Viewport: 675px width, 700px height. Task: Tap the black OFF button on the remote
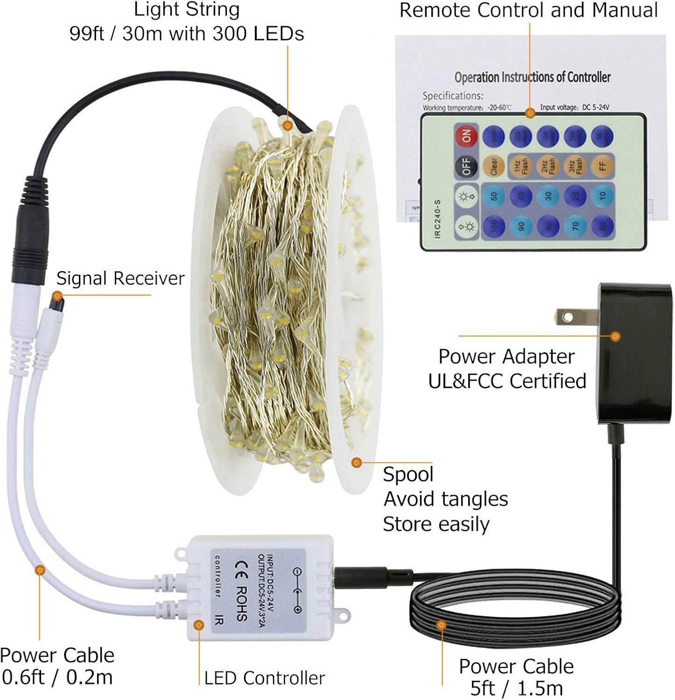(x=466, y=166)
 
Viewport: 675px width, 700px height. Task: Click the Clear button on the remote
(x=493, y=166)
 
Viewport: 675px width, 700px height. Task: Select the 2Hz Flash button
(x=548, y=166)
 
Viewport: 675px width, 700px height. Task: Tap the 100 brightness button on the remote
(x=493, y=226)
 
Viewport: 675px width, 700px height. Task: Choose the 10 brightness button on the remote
(x=602, y=195)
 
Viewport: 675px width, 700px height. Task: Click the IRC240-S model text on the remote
(x=437, y=219)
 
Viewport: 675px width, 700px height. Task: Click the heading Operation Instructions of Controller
(x=532, y=77)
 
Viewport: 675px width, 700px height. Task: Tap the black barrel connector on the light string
(x=32, y=229)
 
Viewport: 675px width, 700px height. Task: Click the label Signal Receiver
(x=120, y=279)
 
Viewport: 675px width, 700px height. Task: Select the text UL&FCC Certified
(x=507, y=381)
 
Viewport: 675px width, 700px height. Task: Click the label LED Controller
(x=264, y=678)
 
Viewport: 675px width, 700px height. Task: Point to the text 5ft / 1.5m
(x=517, y=688)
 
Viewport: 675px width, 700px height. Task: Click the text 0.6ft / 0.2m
(x=57, y=677)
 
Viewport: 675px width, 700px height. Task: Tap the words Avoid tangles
(x=446, y=499)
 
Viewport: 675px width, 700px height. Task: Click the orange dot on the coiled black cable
(x=441, y=625)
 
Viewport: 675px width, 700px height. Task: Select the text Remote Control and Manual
(x=528, y=10)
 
